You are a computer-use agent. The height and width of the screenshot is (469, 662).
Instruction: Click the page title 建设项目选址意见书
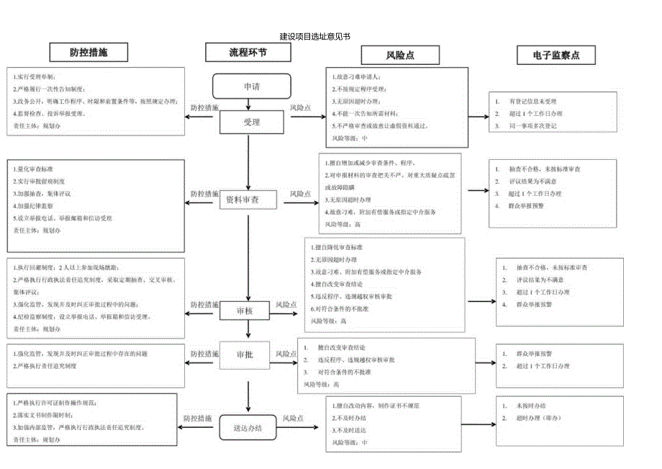[314, 36]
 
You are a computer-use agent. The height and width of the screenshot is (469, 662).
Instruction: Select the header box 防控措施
[89, 53]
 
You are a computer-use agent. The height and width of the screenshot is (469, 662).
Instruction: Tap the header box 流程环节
[248, 53]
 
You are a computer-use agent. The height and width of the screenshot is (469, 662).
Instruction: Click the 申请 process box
[252, 86]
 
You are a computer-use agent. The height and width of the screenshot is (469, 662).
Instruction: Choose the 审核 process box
[245, 311]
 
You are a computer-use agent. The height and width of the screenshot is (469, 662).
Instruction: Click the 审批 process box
[245, 354]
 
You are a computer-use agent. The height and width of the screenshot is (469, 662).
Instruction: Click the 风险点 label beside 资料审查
[300, 194]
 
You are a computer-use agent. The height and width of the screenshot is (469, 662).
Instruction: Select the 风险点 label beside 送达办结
[292, 418]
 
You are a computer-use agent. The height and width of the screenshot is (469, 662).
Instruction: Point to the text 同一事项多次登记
[532, 126]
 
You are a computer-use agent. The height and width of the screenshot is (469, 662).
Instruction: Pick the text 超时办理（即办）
[536, 419]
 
